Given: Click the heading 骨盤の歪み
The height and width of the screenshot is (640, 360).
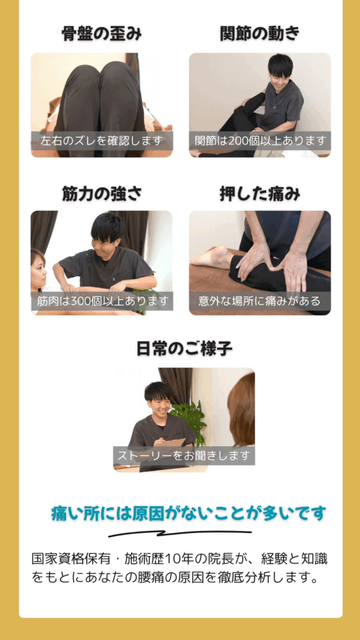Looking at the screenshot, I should [102, 34].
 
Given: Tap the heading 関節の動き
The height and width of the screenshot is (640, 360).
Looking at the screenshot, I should [260, 34].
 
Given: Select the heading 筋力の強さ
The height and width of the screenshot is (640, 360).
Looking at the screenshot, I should [102, 193].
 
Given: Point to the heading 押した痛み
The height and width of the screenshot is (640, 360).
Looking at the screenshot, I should [260, 193].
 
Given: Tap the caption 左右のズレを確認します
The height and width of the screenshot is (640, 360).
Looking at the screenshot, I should [102, 141].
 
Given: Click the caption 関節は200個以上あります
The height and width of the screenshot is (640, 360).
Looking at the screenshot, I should [260, 141].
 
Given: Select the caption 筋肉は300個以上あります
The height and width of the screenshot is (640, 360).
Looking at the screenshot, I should [102, 301].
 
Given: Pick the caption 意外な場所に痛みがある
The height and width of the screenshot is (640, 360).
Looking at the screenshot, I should [260, 301].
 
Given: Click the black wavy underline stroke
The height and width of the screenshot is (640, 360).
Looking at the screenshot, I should [180, 534].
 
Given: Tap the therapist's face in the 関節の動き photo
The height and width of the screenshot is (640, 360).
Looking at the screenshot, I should [279, 74].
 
